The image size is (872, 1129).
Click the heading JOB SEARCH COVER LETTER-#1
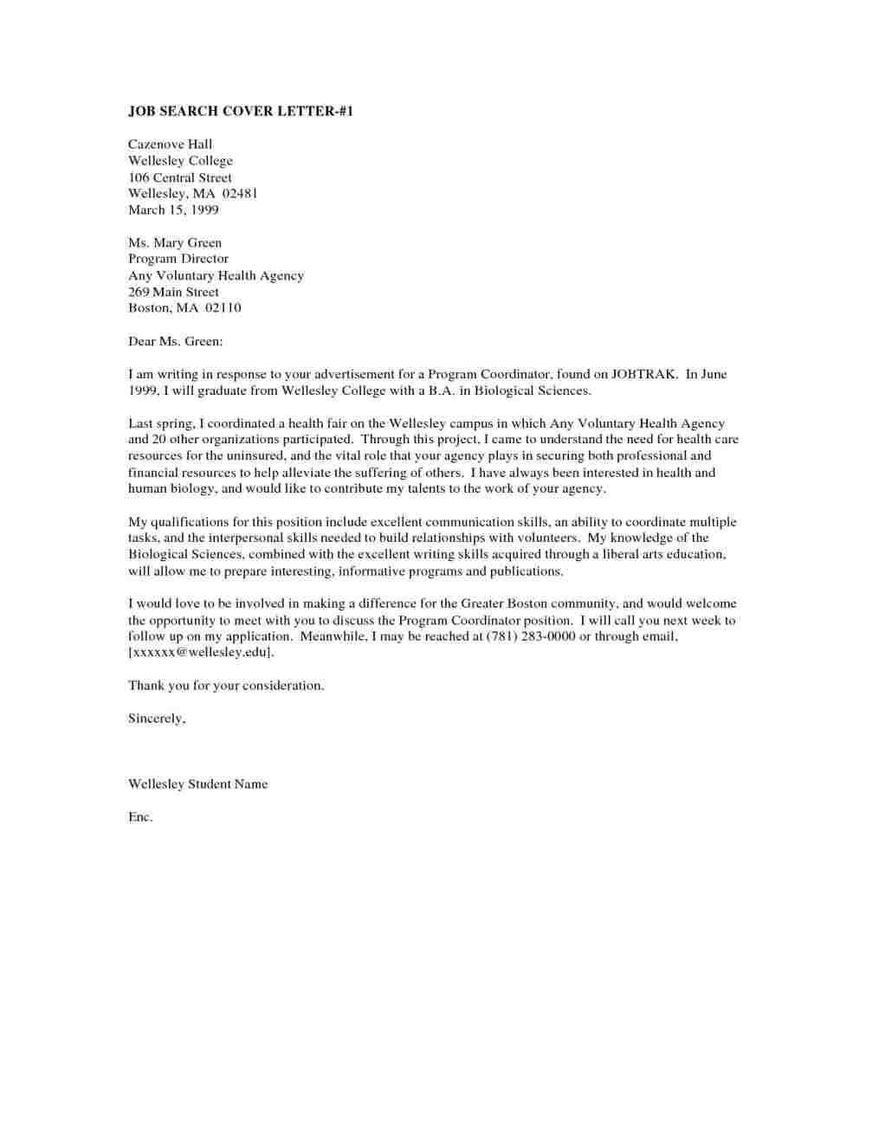coord(241,111)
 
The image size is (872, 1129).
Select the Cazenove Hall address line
coord(170,144)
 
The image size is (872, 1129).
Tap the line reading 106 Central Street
coord(180,177)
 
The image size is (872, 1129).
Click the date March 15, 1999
coord(173,210)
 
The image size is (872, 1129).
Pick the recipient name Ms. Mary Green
coord(175,242)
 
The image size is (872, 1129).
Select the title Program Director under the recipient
coord(178,259)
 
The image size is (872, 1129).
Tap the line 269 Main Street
coord(173,292)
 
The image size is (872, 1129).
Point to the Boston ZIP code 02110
coord(223,308)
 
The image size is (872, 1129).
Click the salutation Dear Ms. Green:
coord(176,341)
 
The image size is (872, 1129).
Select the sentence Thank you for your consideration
coord(226,686)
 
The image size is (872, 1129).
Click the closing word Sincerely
coord(157,719)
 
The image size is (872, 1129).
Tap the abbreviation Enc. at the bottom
coord(140,817)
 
